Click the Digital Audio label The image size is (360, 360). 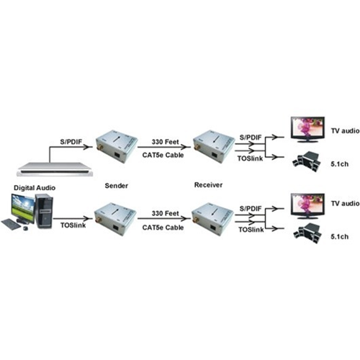tap(35, 188)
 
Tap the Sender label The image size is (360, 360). tap(117, 186)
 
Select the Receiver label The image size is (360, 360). tap(208, 185)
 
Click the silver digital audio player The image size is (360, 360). tap(55, 169)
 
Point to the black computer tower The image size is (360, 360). tap(44, 211)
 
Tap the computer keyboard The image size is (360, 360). tap(12, 225)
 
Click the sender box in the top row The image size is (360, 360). tap(117, 146)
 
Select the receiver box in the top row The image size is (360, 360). tap(214, 146)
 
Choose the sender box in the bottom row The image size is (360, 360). tap(115, 219)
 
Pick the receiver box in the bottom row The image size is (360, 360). tap(212, 219)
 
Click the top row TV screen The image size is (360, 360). tap(307, 130)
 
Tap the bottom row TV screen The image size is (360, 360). tap(307, 206)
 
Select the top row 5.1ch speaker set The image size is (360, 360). tap(307, 162)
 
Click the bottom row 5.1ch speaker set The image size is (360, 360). tap(307, 233)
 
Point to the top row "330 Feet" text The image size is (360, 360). tap(166, 142)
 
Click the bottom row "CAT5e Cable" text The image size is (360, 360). tap(163, 228)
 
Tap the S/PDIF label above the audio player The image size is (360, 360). tap(71, 142)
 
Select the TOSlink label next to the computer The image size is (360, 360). tap(73, 225)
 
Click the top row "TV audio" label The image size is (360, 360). tap(346, 131)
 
